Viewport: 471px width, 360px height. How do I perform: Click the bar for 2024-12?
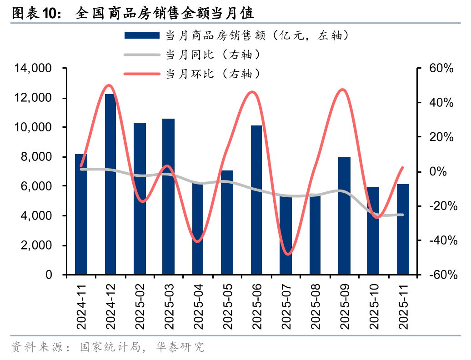(110, 184)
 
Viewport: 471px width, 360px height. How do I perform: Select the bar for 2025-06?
(256, 200)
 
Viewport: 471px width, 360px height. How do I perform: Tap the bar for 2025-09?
(344, 216)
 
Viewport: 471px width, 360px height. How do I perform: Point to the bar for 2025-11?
(403, 230)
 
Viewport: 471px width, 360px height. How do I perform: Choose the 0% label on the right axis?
(444, 172)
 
